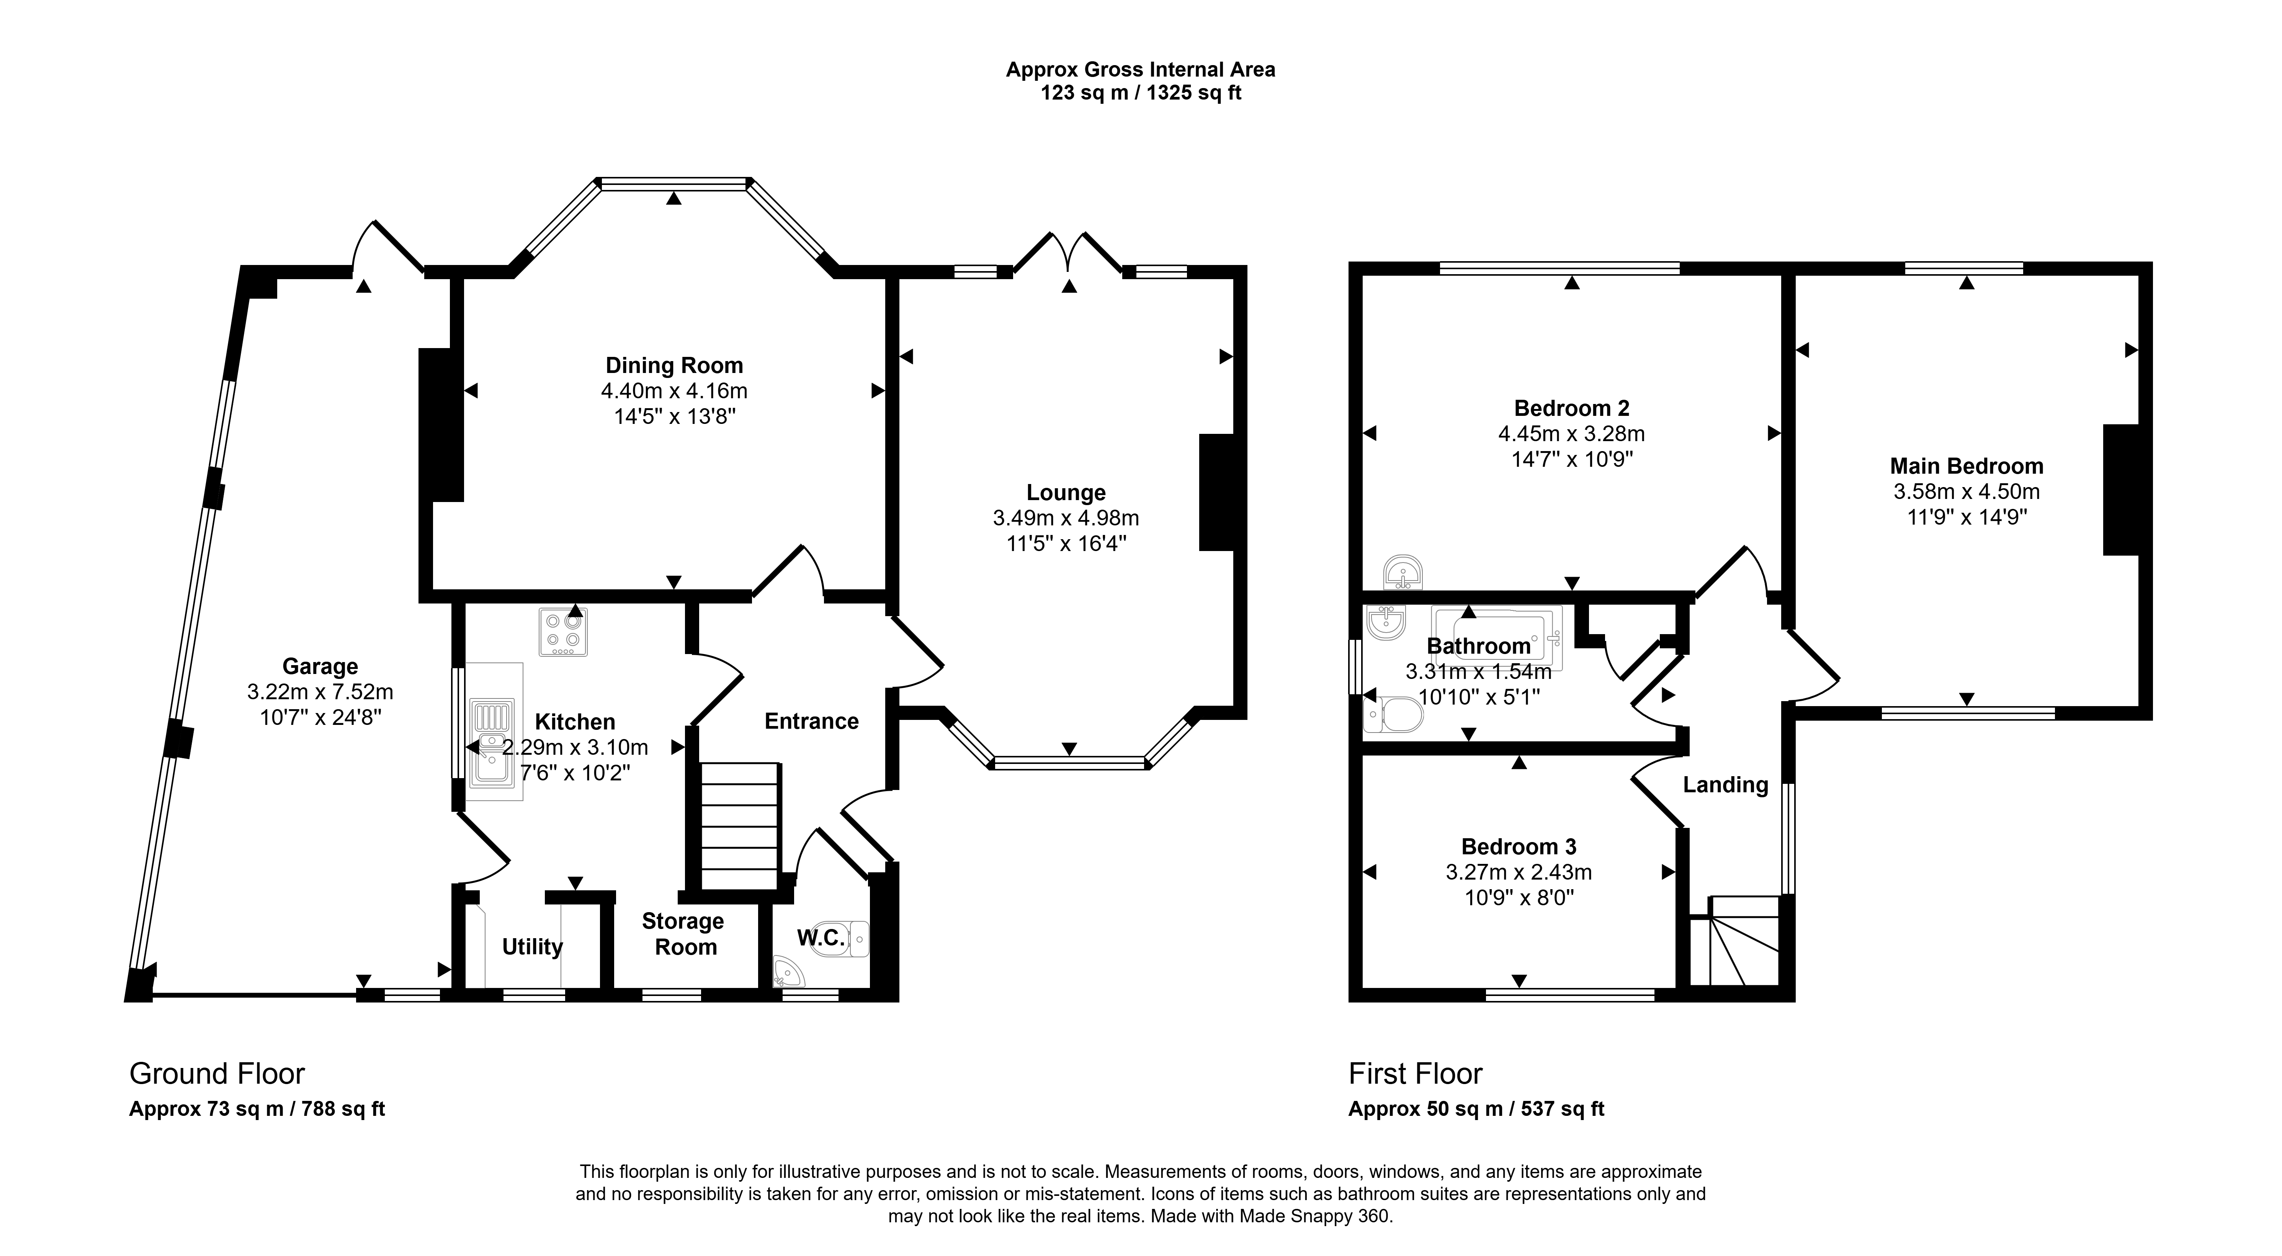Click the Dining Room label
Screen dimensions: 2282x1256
(x=674, y=365)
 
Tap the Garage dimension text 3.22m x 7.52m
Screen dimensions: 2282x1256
(x=320, y=692)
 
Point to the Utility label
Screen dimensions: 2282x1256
(x=533, y=947)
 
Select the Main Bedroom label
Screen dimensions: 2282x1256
(x=1967, y=466)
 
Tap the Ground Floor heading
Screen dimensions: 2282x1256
(x=217, y=1073)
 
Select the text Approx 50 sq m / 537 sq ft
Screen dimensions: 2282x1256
(x=1476, y=1109)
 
